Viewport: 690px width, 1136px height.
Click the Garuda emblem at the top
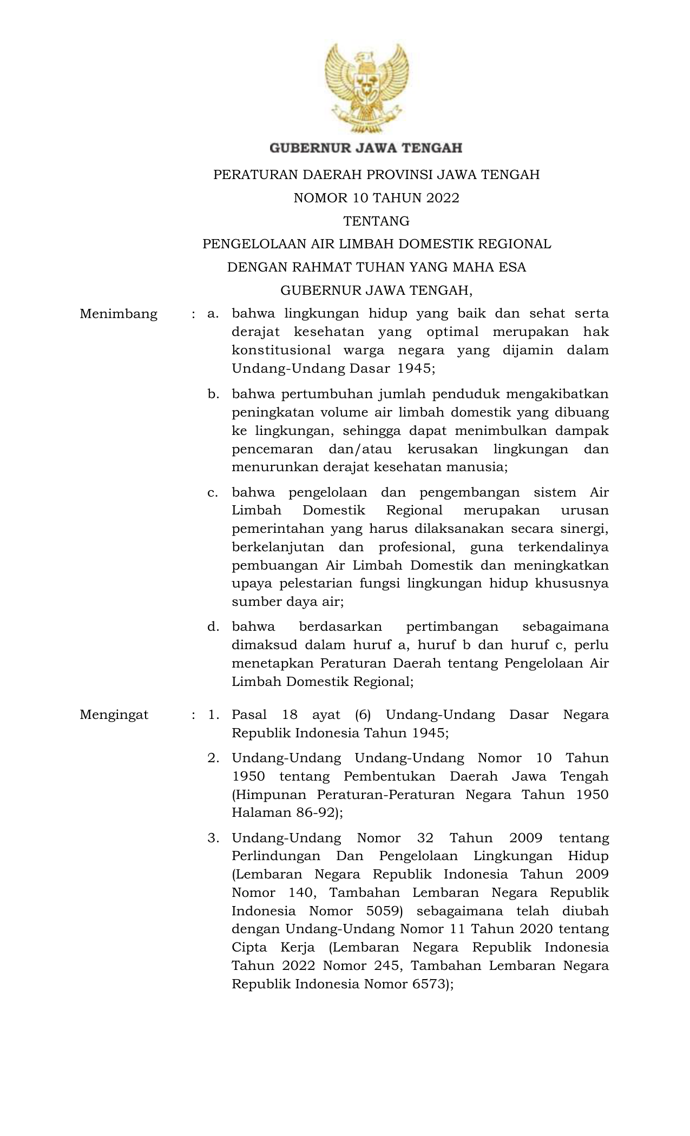(366, 89)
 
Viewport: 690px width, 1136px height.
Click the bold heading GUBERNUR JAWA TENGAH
(366, 147)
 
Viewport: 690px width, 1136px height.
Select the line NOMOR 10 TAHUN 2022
(376, 198)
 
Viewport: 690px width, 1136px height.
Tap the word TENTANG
(376, 221)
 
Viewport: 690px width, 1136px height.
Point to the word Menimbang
(119, 314)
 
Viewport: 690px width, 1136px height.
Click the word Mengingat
(114, 715)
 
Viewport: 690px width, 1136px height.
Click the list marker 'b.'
(213, 394)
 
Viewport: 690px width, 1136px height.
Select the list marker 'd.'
(213, 626)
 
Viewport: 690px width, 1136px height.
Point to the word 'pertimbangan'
(452, 626)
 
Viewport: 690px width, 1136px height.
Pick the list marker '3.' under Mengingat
(213, 838)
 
